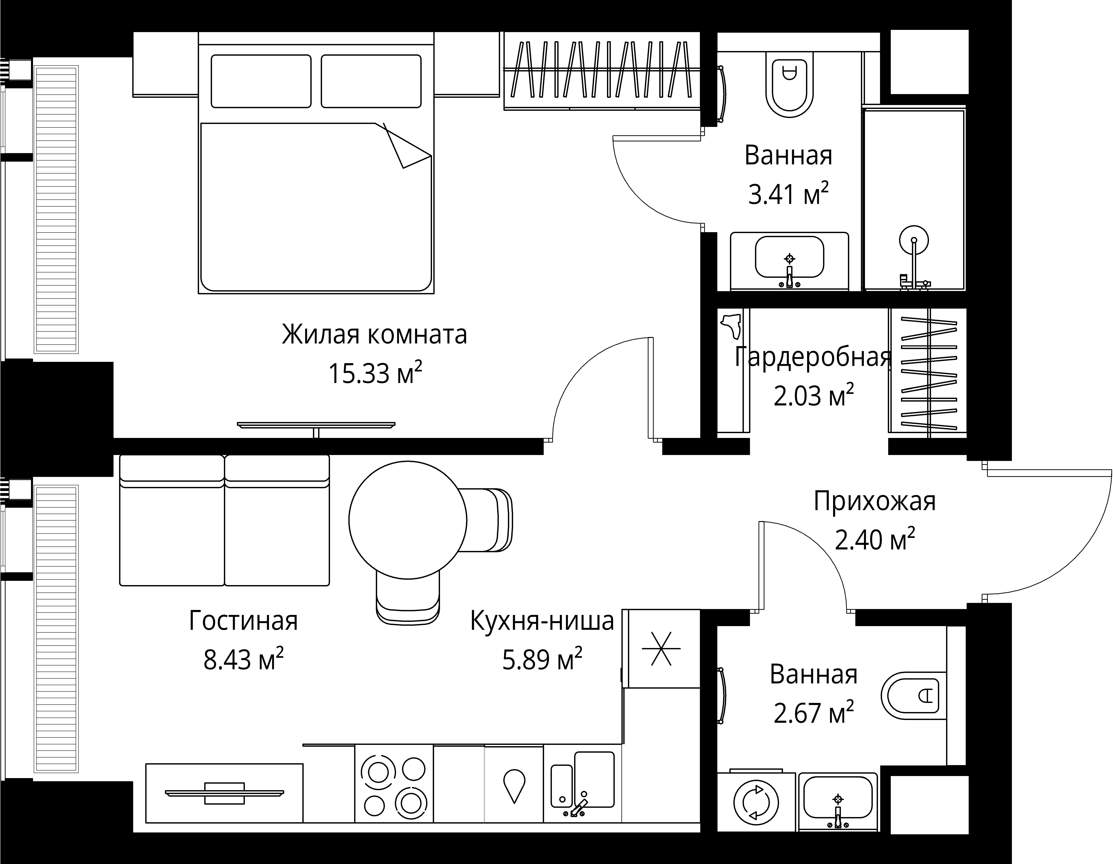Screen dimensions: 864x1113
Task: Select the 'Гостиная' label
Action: (x=243, y=621)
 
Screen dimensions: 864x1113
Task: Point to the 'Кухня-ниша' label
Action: (x=542, y=621)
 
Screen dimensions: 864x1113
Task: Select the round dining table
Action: (x=408, y=520)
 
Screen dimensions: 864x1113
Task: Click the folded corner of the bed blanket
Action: (x=407, y=148)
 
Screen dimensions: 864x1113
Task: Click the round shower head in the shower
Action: (x=914, y=240)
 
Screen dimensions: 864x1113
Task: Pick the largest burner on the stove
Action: (x=411, y=803)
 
